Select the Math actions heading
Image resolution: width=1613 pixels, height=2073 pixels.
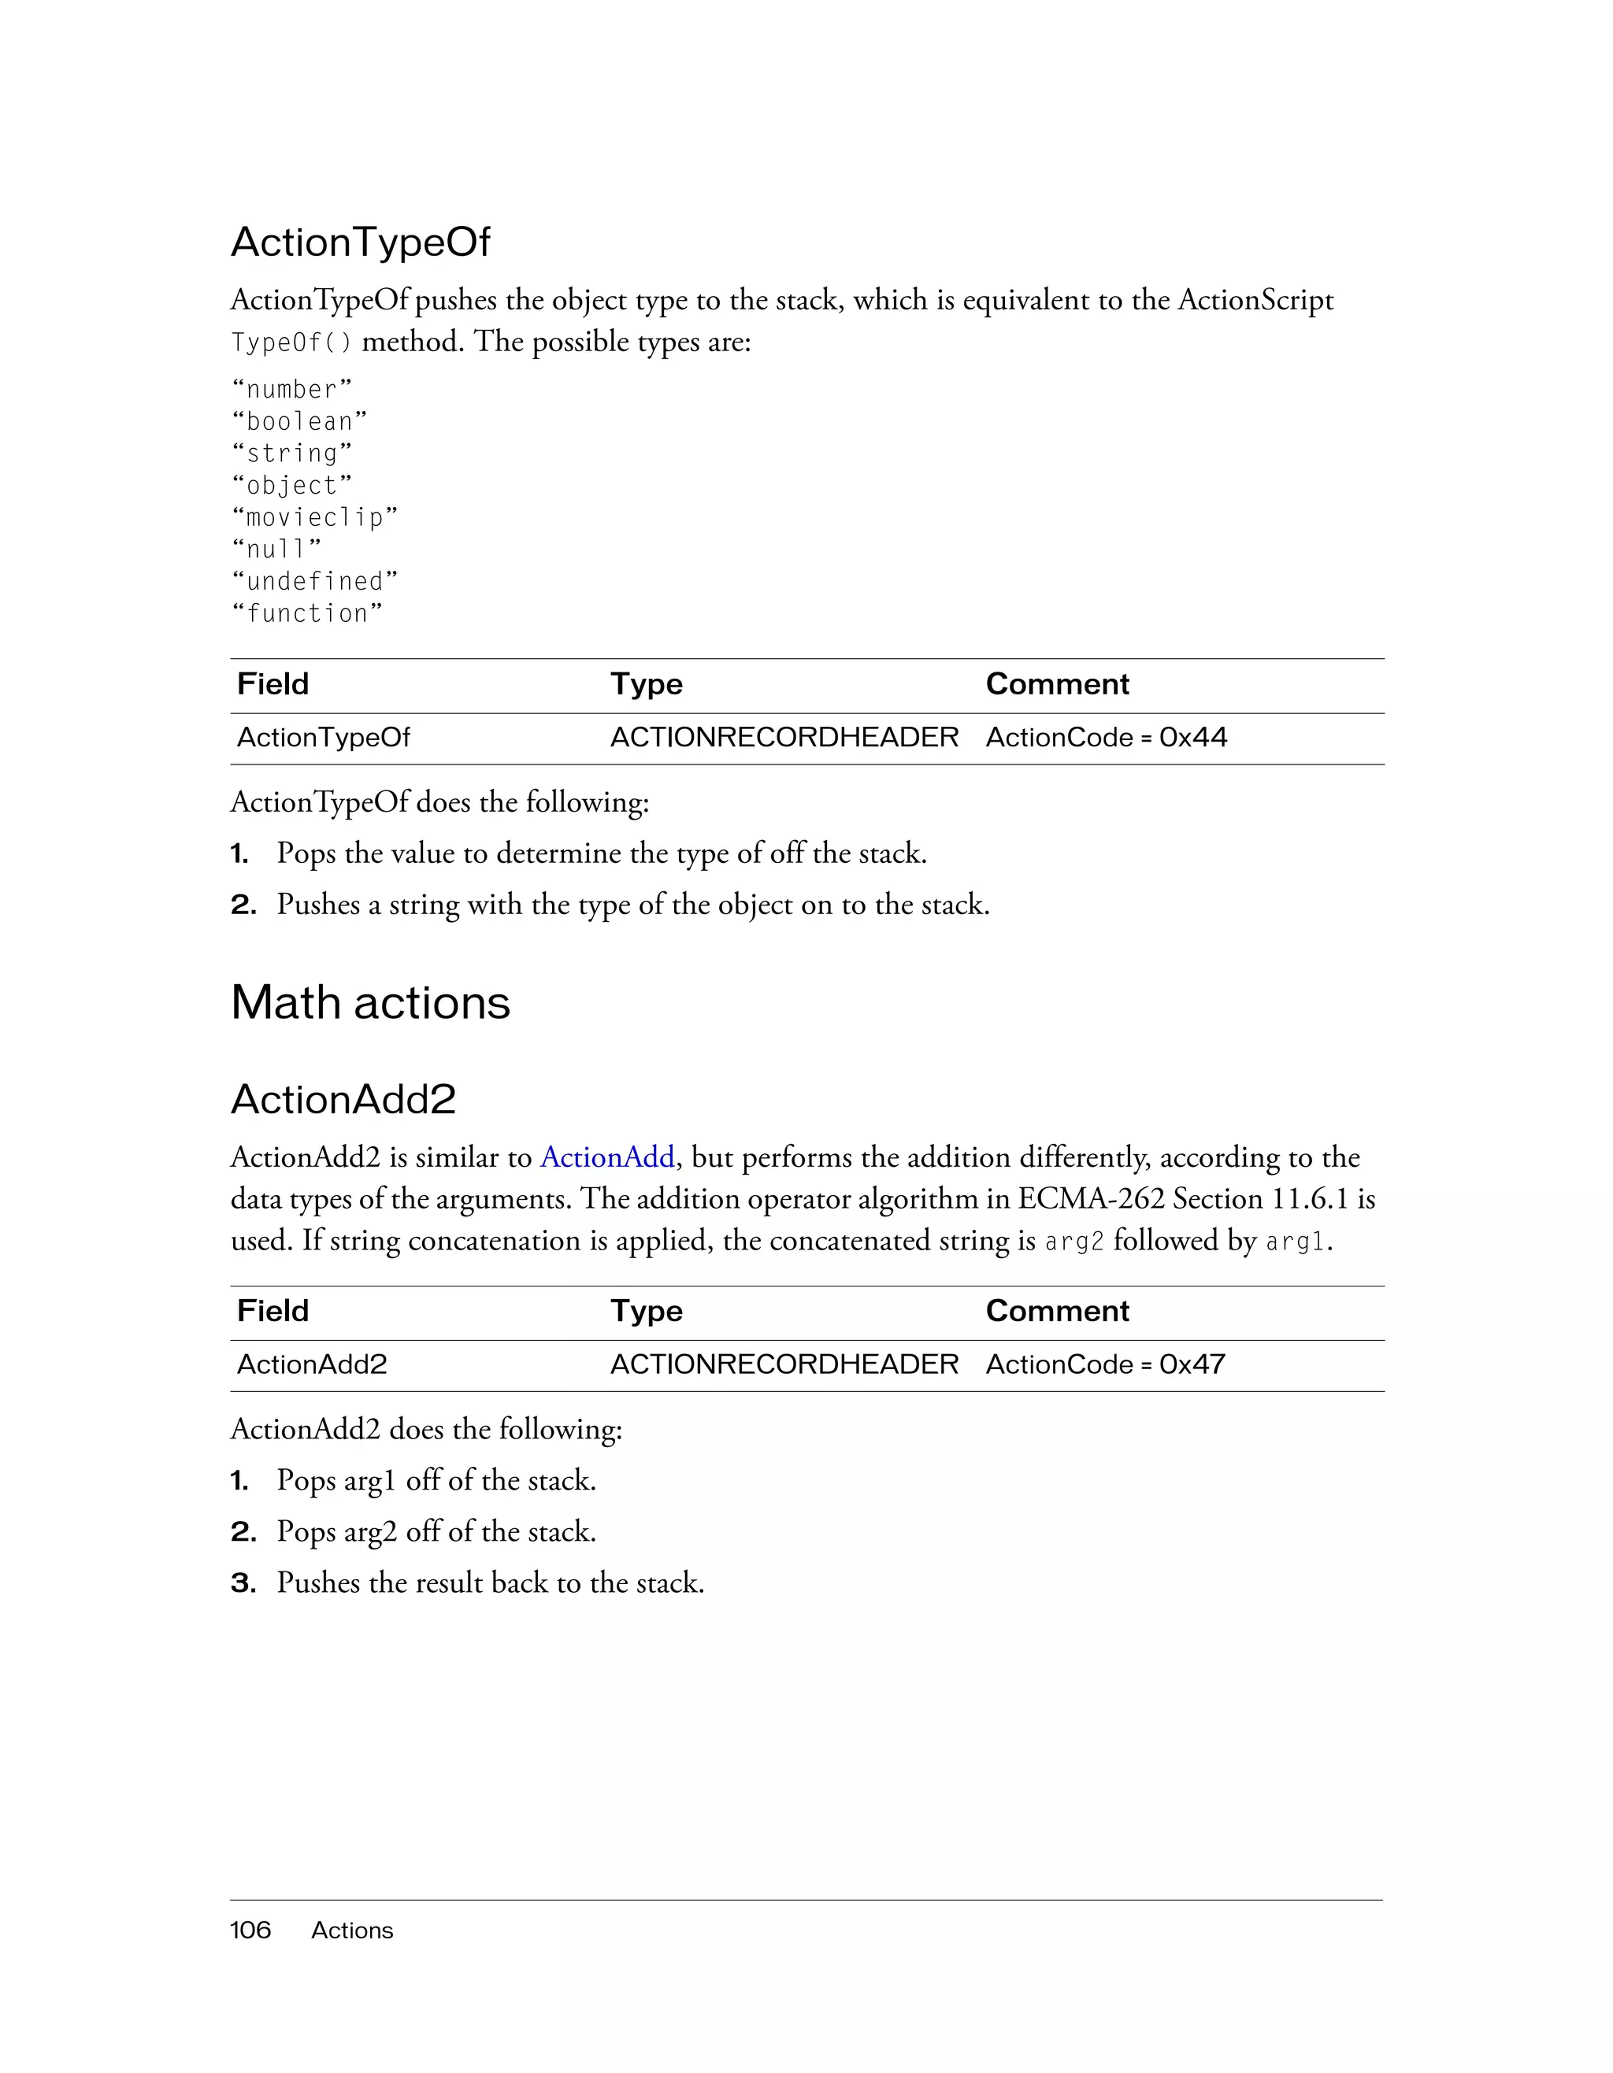pos(370,1003)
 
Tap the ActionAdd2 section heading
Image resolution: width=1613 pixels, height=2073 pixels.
pos(343,1099)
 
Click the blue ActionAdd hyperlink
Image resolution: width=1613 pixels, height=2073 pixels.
pos(606,1157)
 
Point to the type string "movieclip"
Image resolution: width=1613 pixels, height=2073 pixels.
pos(314,517)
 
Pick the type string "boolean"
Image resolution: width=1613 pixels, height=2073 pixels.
pos(299,421)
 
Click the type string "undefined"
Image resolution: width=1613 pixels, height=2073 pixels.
pos(314,581)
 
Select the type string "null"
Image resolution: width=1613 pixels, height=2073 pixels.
pos(276,549)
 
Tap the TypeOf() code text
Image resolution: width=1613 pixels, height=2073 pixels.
pos(291,342)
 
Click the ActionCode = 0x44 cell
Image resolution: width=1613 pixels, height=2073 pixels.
pos(1106,738)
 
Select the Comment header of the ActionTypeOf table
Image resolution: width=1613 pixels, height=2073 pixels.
pos(1057,684)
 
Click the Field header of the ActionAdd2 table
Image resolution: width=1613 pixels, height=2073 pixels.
pos(273,1311)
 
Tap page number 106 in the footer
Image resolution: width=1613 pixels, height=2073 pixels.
pos(250,1930)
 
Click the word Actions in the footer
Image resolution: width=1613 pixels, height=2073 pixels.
pos(351,1930)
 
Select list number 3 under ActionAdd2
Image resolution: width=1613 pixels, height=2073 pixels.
pos(243,1583)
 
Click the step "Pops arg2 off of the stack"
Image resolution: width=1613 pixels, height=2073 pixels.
pos(436,1532)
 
